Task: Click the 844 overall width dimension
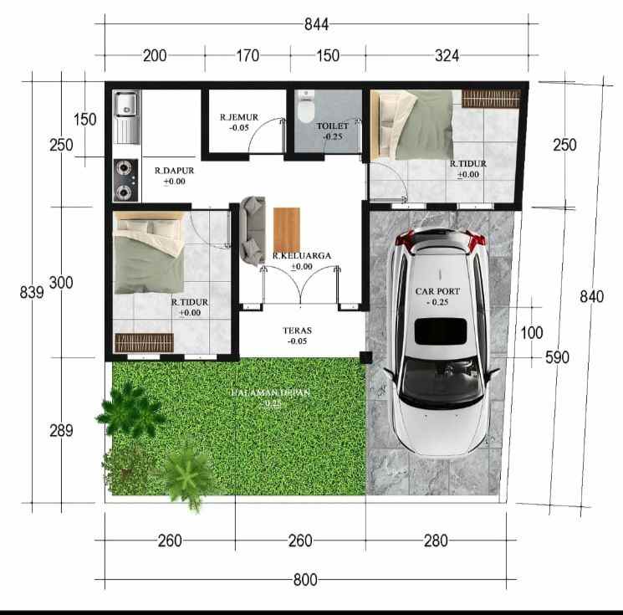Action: pyautogui.click(x=316, y=25)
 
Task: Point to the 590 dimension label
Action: pyautogui.click(x=557, y=357)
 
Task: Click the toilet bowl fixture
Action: pyautogui.click(x=305, y=110)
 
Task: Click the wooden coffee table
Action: pyautogui.click(x=285, y=228)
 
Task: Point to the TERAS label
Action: pyautogui.click(x=296, y=331)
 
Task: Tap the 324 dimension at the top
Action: pyautogui.click(x=447, y=56)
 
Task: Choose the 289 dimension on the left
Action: pyautogui.click(x=60, y=431)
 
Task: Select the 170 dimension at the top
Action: pyautogui.click(x=248, y=56)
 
